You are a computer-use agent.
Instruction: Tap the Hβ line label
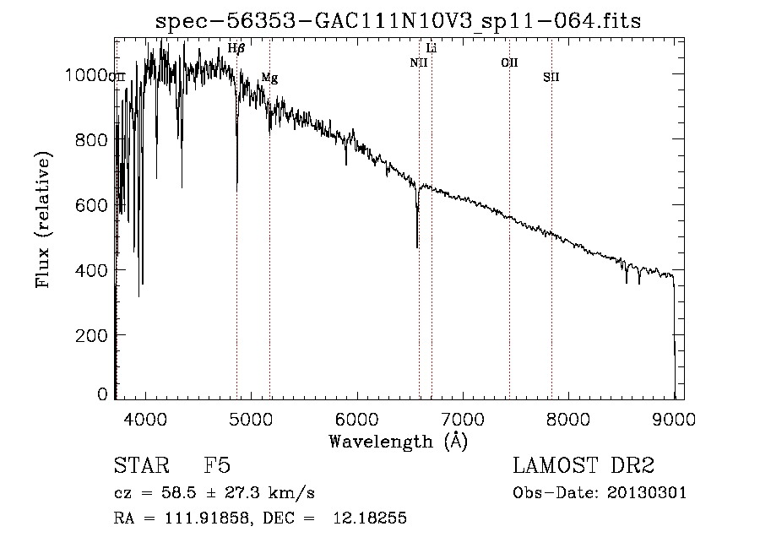236,49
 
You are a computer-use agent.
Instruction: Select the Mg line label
269,78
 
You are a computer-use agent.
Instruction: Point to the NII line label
419,62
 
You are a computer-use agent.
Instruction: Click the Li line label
432,48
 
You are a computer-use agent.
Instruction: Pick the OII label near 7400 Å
509,62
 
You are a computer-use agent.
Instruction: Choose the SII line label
551,78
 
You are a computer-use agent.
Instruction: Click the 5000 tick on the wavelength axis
250,419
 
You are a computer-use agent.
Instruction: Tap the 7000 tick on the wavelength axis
462,419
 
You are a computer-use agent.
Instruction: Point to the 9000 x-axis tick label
674,419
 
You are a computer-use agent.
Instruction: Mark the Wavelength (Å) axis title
398,441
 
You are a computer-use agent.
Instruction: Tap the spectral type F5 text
217,466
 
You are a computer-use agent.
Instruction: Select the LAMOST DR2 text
584,466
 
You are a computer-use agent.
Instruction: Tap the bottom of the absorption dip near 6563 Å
417,247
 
